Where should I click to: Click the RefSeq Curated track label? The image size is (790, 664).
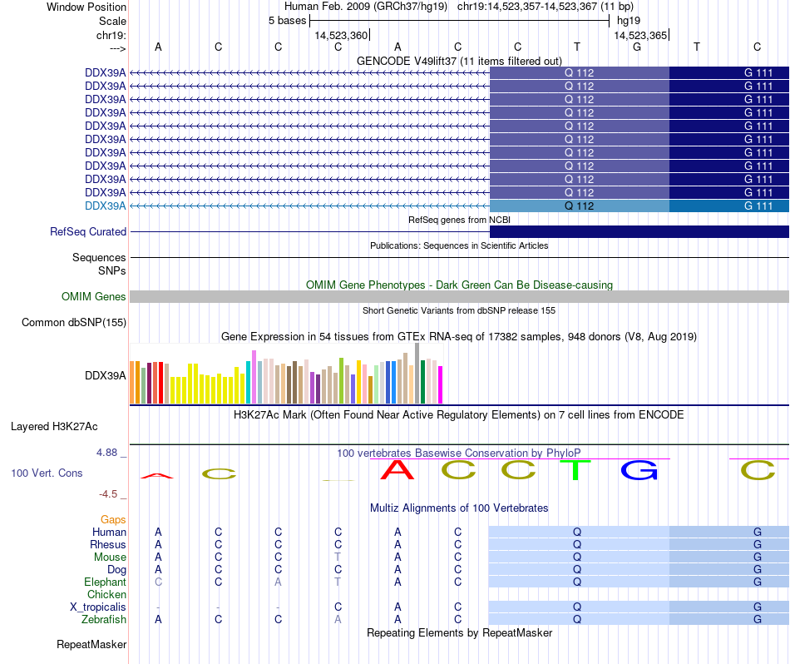(88, 232)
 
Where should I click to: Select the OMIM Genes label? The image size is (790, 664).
(94, 296)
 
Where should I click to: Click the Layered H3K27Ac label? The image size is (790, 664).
(54, 427)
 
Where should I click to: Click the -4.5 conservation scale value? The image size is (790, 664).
(112, 493)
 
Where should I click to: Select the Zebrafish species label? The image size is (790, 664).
(104, 619)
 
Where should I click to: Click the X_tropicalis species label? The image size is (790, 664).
(98, 607)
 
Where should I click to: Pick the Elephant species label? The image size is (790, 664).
(105, 582)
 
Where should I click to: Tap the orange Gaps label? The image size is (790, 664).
(113, 519)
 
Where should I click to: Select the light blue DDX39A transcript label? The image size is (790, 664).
(105, 206)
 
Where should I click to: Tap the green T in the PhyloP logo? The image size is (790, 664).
(576, 471)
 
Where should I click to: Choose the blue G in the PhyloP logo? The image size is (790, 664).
(639, 471)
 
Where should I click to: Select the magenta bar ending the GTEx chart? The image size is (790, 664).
(441, 384)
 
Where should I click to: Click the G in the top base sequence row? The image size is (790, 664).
(637, 47)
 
